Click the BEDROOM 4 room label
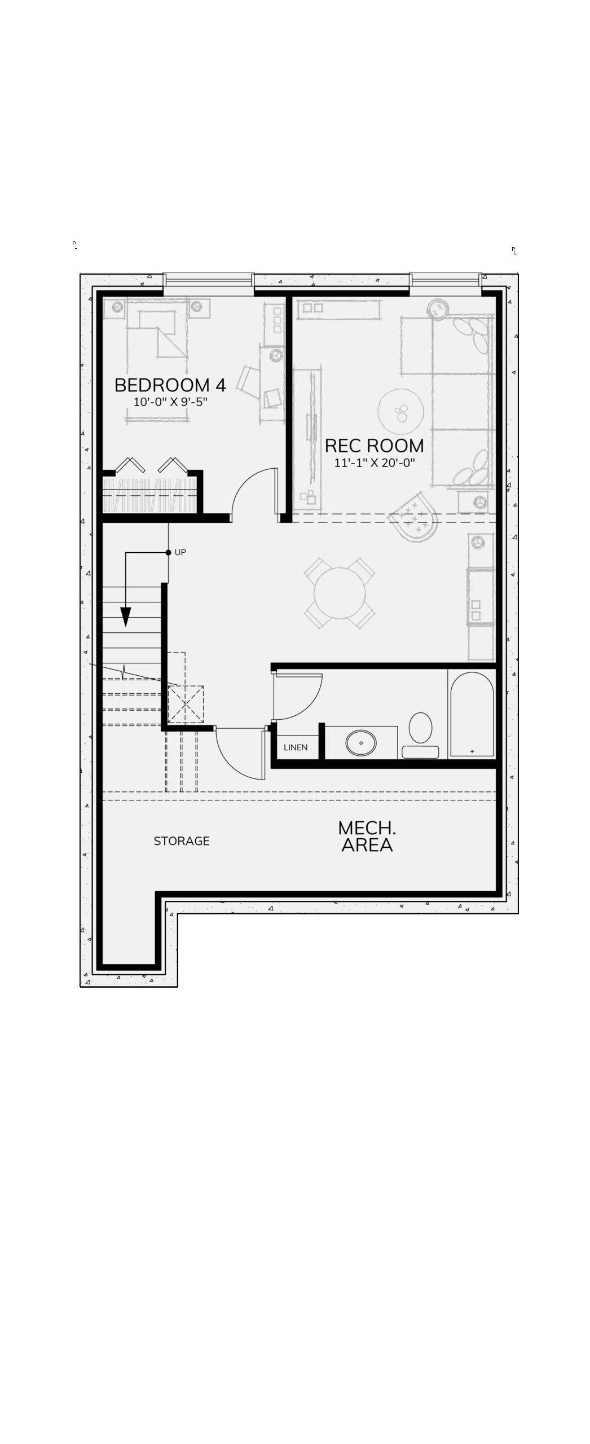[x=170, y=385]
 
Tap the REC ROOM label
[x=375, y=446]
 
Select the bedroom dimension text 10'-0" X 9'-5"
[x=170, y=402]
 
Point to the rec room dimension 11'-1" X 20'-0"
[x=375, y=463]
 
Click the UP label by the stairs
[x=180, y=552]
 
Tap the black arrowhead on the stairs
[x=126, y=617]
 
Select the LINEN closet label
[x=296, y=747]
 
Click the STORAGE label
[x=182, y=841]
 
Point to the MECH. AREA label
[x=367, y=837]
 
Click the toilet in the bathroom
[x=420, y=735]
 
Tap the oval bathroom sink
[x=361, y=743]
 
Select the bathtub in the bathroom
[x=472, y=714]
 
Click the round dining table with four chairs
[x=340, y=593]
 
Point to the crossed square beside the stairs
[x=186, y=704]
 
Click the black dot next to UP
[x=168, y=553]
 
